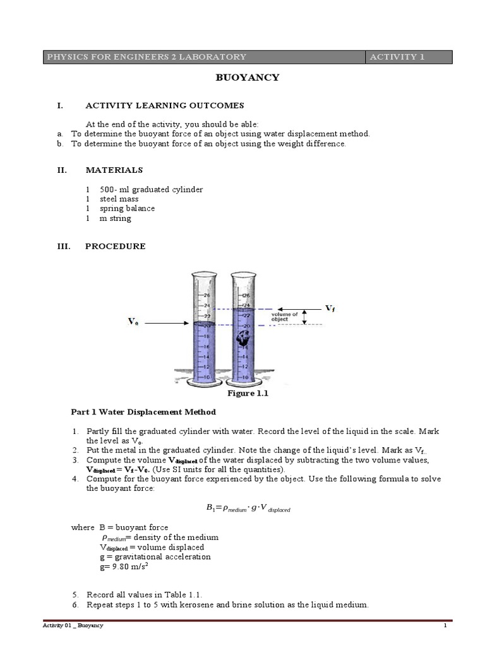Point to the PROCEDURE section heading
tap(115, 247)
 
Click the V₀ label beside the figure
tap(133, 322)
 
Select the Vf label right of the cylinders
tap(330, 308)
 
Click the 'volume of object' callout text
tap(284, 317)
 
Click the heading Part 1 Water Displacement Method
tap(143, 412)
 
